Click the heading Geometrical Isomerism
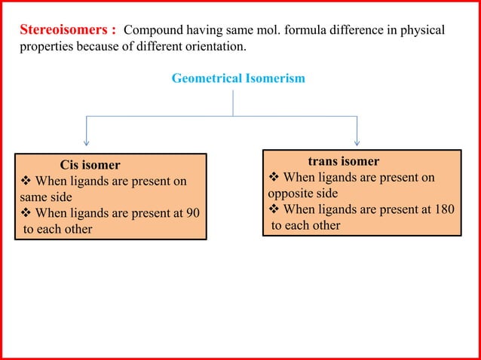click(238, 78)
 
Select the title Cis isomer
click(90, 165)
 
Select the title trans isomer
click(344, 161)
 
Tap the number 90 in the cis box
click(192, 212)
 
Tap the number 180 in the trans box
click(444, 209)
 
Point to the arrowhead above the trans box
click(357, 141)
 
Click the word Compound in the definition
click(152, 32)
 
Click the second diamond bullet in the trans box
click(274, 209)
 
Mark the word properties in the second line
click(44, 47)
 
